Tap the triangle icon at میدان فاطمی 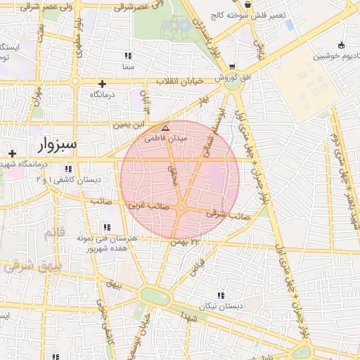(165, 128)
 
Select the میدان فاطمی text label (166, 139)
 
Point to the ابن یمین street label (129, 124)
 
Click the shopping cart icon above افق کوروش (232, 66)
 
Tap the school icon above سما (127, 56)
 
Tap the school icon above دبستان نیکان (221, 295)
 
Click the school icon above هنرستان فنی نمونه (107, 227)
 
